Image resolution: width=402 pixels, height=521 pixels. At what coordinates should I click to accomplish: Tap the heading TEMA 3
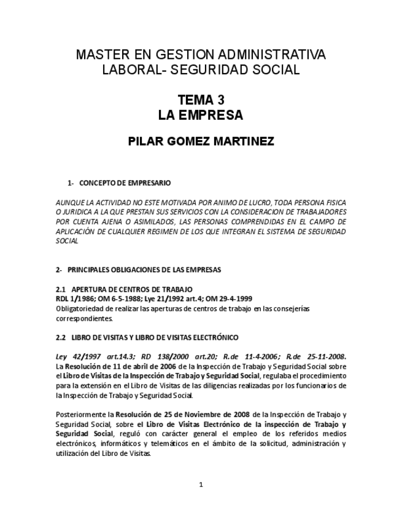click(x=200, y=100)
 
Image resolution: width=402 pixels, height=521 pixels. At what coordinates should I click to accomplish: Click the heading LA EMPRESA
click(x=200, y=116)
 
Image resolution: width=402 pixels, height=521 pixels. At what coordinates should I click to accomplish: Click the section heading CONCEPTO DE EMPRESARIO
click(x=125, y=183)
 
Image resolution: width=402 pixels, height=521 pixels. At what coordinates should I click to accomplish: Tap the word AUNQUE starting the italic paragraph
click(x=71, y=203)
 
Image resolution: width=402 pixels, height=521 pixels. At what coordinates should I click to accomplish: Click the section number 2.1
click(x=61, y=289)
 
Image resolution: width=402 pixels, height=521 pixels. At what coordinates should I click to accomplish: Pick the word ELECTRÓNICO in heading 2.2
click(x=213, y=337)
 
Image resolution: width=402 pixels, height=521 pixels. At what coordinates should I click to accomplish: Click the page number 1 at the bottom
click(x=201, y=485)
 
